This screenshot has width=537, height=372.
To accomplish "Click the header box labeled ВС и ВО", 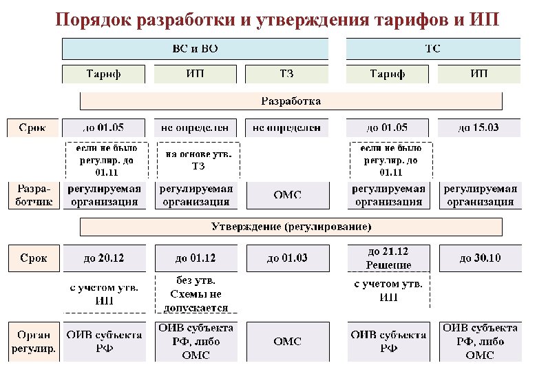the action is [x=195, y=49].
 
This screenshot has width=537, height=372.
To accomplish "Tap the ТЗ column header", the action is [x=286, y=74].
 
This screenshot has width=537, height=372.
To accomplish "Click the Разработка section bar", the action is [x=291, y=101].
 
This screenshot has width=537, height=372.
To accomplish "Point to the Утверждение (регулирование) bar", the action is [x=291, y=226].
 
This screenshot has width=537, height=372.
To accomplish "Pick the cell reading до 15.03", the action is [x=479, y=127].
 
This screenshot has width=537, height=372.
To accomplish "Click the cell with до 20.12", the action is [x=104, y=258].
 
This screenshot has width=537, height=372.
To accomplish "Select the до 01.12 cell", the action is [x=195, y=258].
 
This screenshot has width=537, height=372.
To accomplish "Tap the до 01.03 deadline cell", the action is [x=286, y=258].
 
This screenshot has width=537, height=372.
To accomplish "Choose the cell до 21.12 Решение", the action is [x=388, y=258].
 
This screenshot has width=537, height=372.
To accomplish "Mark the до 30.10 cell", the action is [x=479, y=258].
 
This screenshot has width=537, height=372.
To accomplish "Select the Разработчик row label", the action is [x=33, y=195].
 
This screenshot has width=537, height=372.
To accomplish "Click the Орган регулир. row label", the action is [x=33, y=341].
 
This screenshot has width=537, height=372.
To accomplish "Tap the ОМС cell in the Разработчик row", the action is [x=286, y=195].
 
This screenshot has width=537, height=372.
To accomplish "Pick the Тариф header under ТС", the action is [x=388, y=74].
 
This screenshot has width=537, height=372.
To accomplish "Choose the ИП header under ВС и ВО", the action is [x=195, y=74].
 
